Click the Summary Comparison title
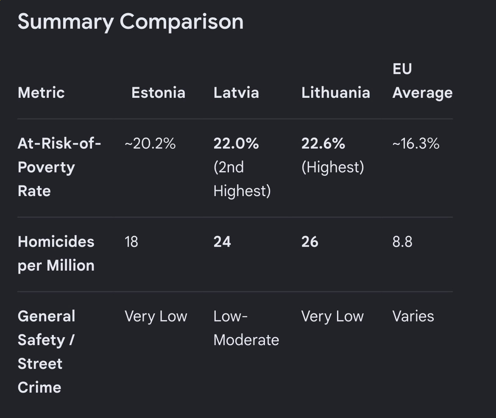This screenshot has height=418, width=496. coord(130,22)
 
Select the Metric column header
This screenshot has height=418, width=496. coord(41,93)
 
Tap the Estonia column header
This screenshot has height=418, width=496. coord(158,93)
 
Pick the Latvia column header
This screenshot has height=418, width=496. coord(236,93)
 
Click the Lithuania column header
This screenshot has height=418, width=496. coord(336,93)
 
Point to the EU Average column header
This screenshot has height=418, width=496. coord(423,80)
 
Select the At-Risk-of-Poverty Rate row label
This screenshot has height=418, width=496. coord(59,167)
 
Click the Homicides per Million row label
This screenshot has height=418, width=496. coord(56,253)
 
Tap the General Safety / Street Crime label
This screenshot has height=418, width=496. coord(47,352)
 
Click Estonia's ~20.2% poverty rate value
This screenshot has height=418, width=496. coord(150,144)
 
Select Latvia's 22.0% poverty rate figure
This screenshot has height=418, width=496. coord(236,144)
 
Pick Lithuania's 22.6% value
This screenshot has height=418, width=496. coord(323,144)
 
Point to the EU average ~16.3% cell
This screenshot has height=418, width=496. coord(416,144)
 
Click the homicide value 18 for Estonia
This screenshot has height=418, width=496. coord(131,242)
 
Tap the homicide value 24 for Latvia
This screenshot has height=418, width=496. coord(222,242)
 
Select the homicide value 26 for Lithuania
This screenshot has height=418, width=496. coord(310,242)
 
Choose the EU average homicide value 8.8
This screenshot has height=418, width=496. coord(402,242)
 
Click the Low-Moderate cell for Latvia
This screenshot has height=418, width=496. coord(246,328)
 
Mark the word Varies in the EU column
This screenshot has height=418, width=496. coord(413,316)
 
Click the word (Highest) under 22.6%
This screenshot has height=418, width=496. coord(333,167)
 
